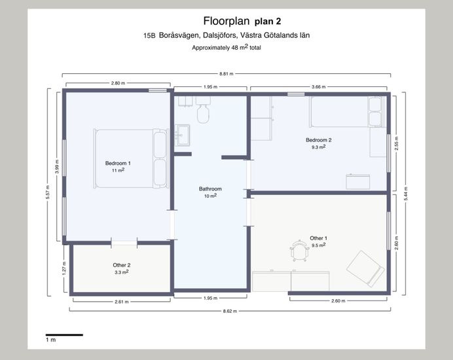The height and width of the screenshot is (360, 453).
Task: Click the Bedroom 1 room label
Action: (118, 163)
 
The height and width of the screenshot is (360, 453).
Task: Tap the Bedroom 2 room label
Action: (319, 140)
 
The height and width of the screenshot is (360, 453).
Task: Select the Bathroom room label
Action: (210, 189)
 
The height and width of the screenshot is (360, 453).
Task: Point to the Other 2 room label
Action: (122, 265)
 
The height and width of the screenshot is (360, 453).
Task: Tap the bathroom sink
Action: (182, 135)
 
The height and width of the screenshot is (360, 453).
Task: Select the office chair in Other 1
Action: (299, 251)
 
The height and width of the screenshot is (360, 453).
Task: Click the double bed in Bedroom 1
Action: (131, 158)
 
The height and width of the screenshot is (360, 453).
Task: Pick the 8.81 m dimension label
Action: (226, 74)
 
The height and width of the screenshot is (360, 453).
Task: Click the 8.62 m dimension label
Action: (230, 311)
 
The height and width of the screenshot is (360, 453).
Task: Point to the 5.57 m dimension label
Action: (48, 192)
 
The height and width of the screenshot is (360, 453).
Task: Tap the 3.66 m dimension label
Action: (319, 86)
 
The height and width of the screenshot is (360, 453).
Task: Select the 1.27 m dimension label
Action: (64, 268)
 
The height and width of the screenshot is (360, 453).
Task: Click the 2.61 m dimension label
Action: (122, 302)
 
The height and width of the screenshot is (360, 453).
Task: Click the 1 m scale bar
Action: (64, 335)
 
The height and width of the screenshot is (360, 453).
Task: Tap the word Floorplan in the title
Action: (226, 21)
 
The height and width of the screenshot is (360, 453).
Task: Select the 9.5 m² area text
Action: (319, 245)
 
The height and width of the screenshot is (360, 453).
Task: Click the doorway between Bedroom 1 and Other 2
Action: (124, 243)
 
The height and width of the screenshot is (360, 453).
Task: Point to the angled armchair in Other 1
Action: (366, 268)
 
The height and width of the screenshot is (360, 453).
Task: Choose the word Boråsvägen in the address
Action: (179, 35)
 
